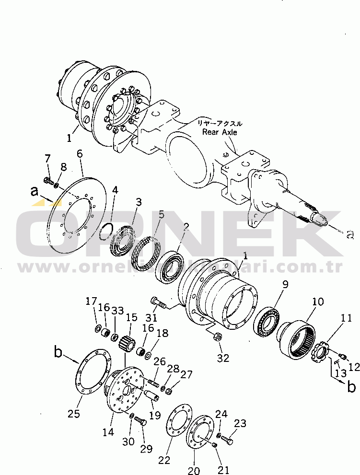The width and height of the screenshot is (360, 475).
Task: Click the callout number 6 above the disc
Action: (x=80, y=154)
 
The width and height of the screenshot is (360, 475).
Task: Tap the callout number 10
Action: (x=318, y=302)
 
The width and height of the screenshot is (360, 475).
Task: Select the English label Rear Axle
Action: (x=220, y=132)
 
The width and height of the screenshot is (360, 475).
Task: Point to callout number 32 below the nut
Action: (x=223, y=358)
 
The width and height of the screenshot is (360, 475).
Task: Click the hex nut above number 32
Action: (x=217, y=337)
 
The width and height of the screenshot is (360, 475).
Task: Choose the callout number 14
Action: (x=108, y=432)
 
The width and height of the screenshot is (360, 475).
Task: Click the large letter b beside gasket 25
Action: (x=58, y=353)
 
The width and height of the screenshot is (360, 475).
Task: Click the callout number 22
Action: (x=164, y=460)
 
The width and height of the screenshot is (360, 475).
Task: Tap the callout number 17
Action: (x=91, y=301)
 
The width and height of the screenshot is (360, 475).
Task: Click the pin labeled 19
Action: (x=151, y=396)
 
